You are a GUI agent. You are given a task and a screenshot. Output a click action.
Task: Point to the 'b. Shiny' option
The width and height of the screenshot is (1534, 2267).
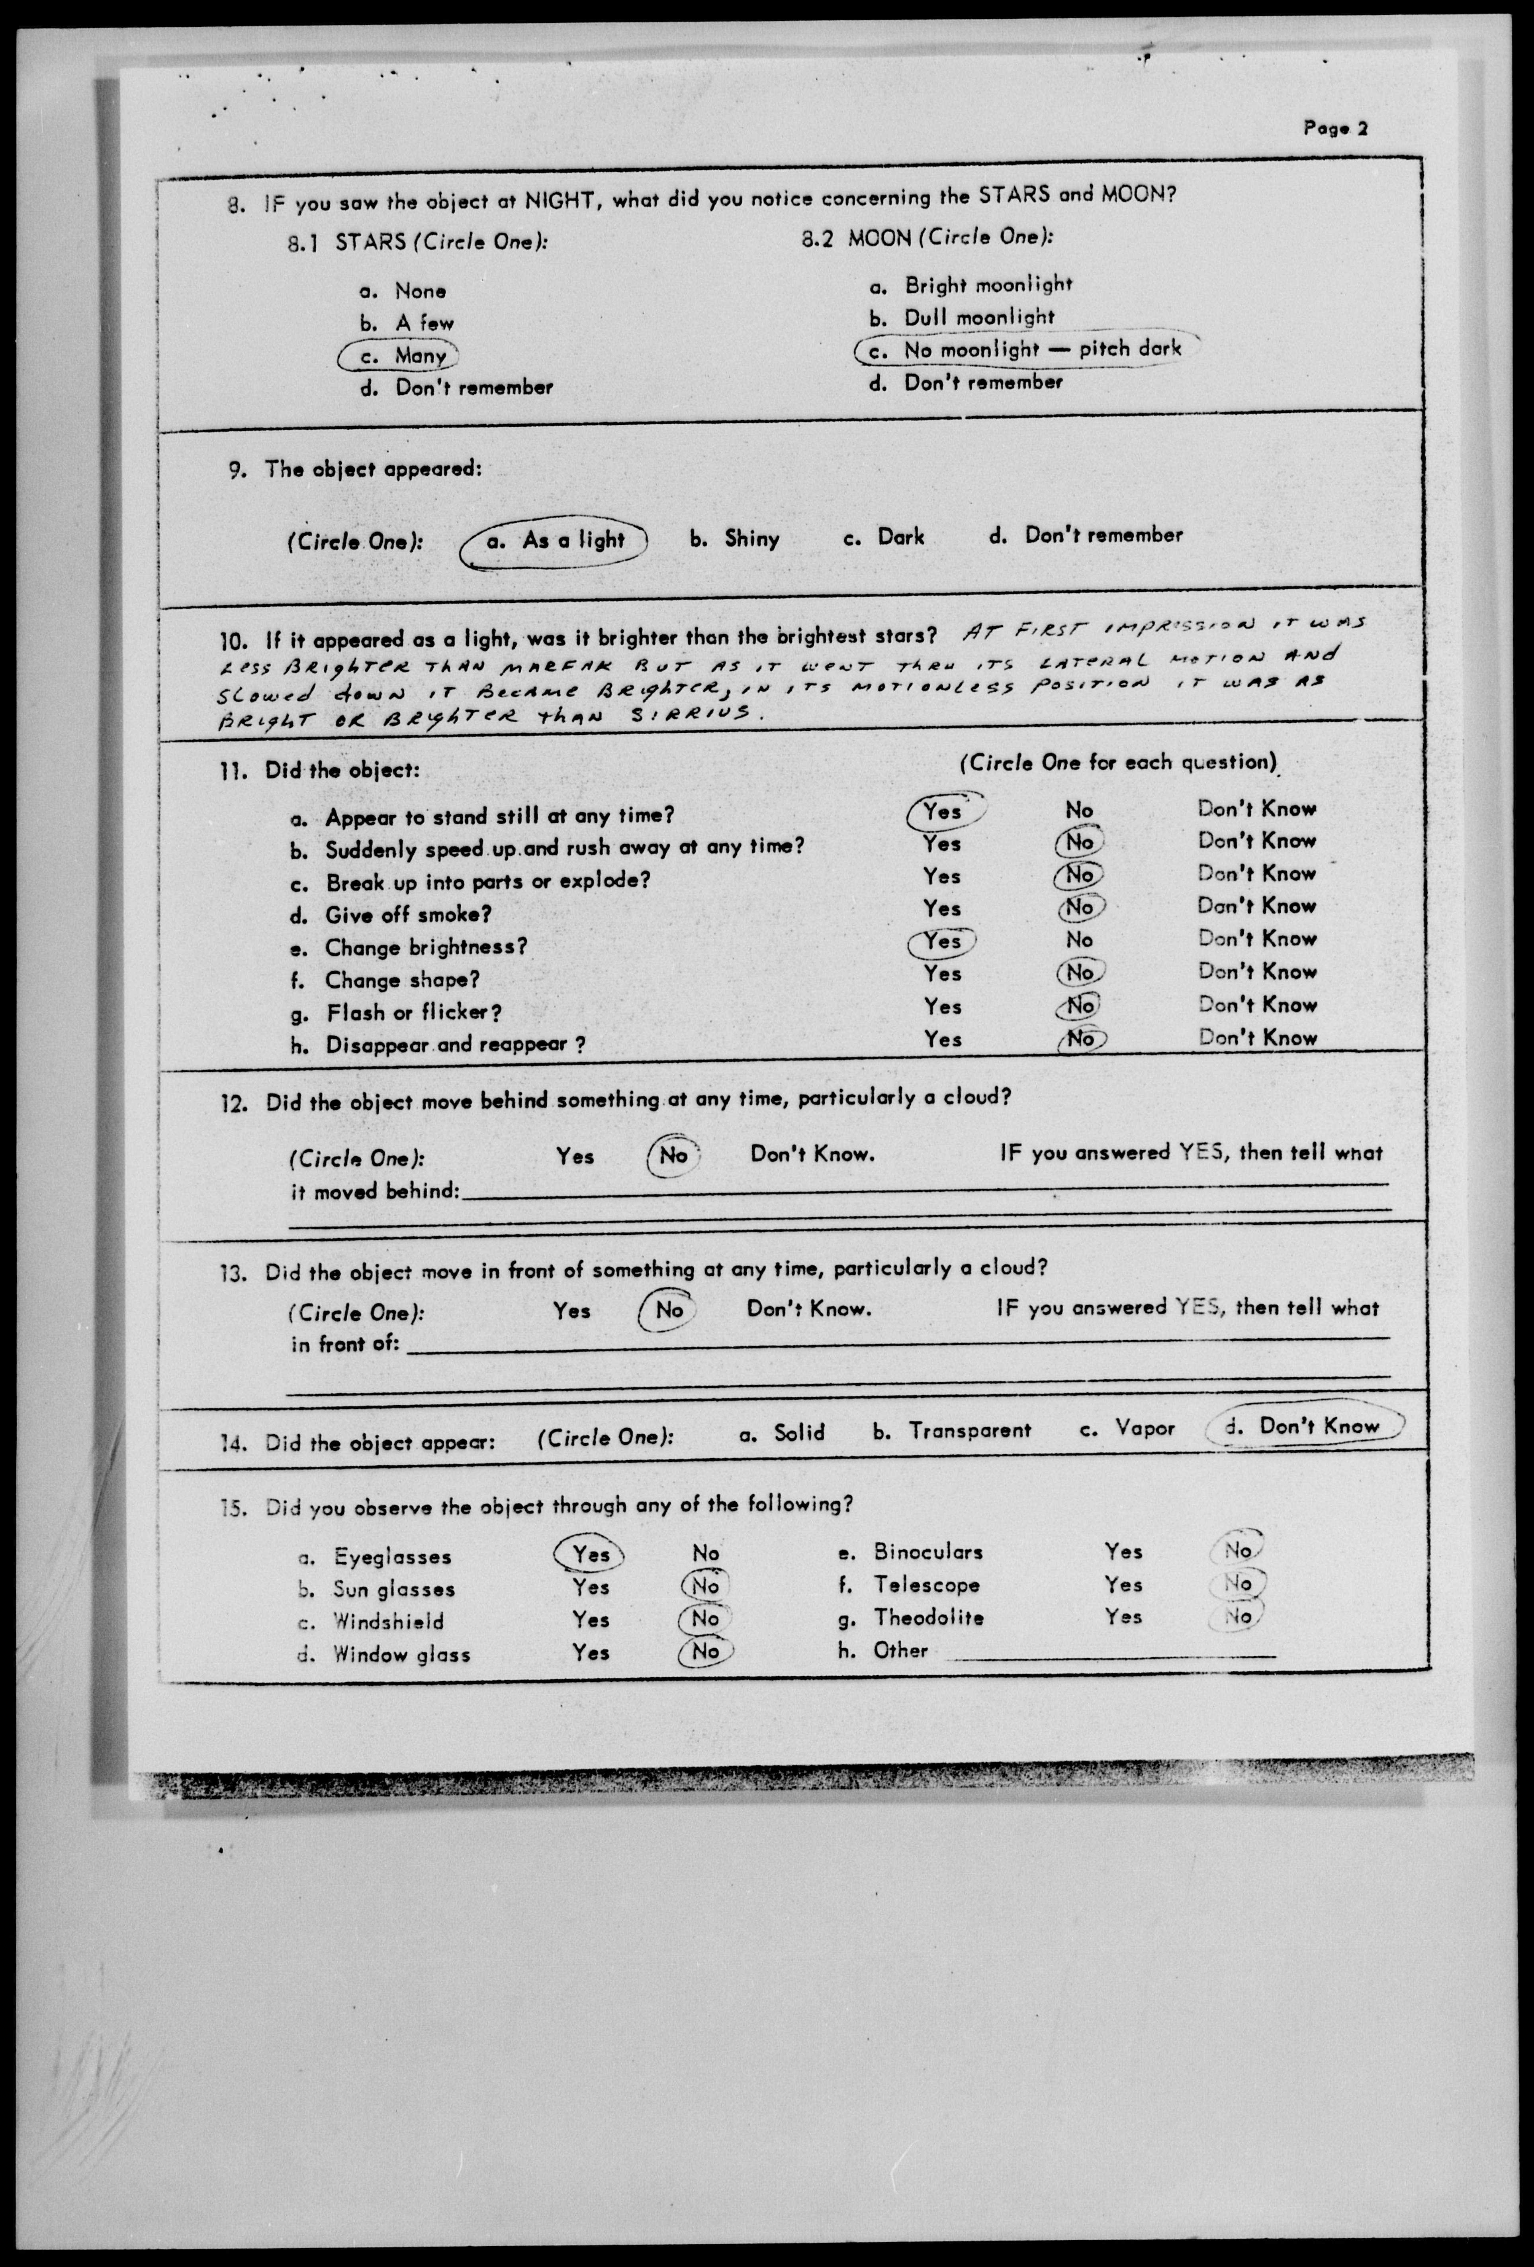734,538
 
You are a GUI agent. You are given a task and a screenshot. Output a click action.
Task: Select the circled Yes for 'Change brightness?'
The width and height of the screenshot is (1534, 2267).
942,941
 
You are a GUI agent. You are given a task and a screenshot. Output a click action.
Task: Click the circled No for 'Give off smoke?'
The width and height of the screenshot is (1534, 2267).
1078,907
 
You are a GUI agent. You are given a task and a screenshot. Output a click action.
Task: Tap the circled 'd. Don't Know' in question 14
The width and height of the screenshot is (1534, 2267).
1305,1427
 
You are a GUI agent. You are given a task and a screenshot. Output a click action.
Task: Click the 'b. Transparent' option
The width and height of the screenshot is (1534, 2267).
952,1431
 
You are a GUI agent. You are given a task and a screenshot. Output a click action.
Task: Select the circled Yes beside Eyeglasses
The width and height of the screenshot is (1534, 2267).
590,1554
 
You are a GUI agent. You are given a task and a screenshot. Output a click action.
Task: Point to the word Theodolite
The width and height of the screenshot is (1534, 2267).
928,1617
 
